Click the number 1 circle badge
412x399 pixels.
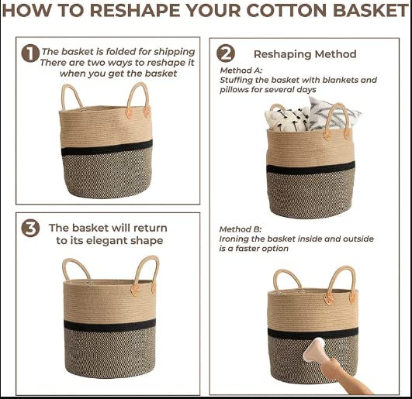pos(30,53)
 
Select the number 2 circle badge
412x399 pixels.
pos(226,53)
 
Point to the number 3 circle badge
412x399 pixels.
pos(30,228)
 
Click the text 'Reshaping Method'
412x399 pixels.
pos(305,54)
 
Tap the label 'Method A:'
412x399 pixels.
pos(241,71)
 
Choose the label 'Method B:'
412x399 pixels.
pos(241,229)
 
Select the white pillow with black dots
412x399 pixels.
pos(286,119)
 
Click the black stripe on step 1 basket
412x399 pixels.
pos(107,148)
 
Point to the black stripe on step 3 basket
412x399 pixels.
pos(110,325)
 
